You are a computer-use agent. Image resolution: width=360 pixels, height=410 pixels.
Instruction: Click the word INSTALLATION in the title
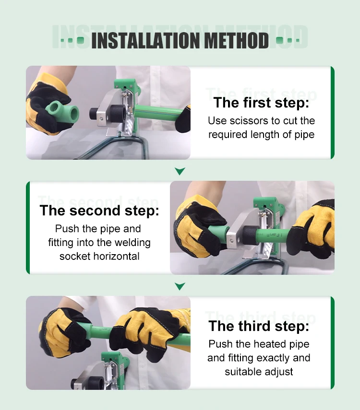tap(145, 41)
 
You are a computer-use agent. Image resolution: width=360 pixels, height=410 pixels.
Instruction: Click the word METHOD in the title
tap(236, 41)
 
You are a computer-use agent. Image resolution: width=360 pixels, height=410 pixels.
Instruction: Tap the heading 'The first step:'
tap(261, 102)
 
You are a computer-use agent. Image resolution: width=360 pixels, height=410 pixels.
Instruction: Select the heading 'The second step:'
tap(99, 211)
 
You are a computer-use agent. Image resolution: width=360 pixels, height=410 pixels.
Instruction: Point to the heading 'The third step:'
tap(259, 326)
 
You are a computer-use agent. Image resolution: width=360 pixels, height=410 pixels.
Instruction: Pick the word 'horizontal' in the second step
tap(116, 256)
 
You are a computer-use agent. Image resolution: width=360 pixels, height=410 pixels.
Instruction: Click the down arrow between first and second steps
tap(180, 171)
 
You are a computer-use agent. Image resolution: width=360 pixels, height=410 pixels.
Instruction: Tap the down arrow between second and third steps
tap(180, 286)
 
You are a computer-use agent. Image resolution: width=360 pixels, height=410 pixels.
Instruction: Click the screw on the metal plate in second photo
tap(231, 241)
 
